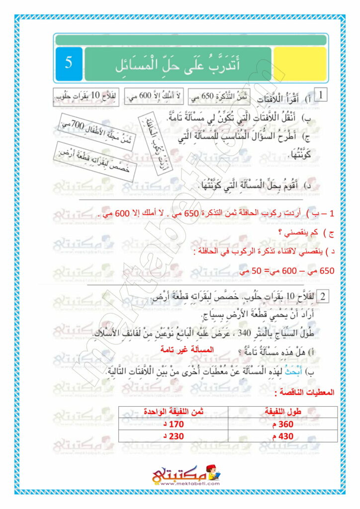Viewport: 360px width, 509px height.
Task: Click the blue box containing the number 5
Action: click(x=69, y=64)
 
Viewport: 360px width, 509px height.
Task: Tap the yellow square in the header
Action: click(x=300, y=64)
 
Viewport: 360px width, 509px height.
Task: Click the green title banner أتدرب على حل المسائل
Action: click(x=178, y=64)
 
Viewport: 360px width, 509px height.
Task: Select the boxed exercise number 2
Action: click(x=322, y=297)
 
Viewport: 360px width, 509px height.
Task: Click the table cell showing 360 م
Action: click(x=282, y=424)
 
